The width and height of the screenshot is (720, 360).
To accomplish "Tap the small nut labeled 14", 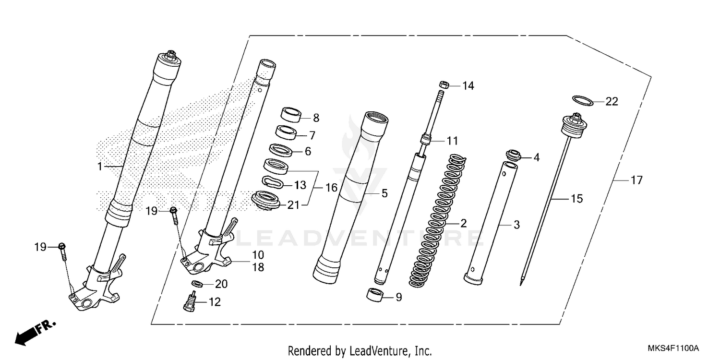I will coord(444,85).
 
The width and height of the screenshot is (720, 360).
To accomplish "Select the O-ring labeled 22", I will coord(582,100).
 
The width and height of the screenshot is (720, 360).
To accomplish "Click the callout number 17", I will coord(636,180).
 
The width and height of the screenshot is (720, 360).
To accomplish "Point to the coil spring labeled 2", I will coord(436,221).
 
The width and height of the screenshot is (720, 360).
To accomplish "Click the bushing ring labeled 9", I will coord(376,295).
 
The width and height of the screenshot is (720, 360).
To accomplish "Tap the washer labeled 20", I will coord(196,283).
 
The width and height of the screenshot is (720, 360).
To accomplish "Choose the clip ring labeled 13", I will coord(271,182).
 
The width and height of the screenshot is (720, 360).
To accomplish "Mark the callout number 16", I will coord(331,188).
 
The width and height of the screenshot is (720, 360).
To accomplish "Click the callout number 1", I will coord(99,167).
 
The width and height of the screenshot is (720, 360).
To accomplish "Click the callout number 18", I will coord(258,267).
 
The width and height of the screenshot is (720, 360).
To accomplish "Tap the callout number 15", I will coord(576,198).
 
